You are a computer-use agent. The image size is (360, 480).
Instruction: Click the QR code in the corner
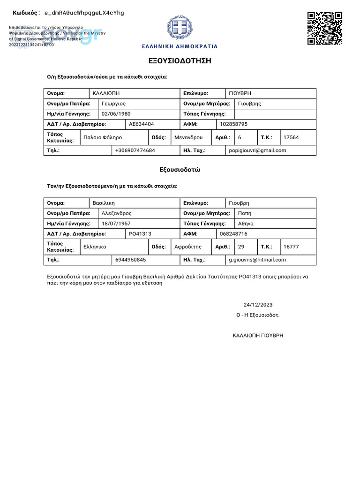(324, 29)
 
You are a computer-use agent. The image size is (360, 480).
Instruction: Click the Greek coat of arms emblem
(180, 29)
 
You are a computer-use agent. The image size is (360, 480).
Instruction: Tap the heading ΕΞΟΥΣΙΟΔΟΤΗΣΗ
(180, 61)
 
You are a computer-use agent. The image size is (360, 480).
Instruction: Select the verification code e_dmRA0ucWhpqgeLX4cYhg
(84, 13)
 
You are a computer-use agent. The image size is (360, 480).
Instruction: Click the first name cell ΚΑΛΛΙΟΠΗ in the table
(106, 93)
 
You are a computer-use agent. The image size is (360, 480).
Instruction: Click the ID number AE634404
(141, 124)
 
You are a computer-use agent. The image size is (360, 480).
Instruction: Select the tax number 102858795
(233, 124)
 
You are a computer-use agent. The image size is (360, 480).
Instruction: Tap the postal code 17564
(291, 137)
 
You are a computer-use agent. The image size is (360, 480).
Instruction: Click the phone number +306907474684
(135, 150)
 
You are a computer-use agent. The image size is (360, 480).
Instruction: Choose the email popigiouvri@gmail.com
(257, 150)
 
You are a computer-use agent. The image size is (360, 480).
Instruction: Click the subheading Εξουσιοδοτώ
(180, 170)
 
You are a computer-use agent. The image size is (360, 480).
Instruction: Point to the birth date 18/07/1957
(116, 224)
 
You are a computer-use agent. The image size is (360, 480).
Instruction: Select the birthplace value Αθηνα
(246, 224)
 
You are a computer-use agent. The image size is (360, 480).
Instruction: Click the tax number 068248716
(233, 233)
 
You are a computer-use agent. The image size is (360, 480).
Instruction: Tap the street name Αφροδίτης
(187, 247)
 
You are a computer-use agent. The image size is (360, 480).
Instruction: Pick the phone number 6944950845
(130, 260)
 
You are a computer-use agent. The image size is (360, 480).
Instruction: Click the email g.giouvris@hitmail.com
(257, 260)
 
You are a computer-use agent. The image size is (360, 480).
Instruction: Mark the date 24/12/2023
(258, 305)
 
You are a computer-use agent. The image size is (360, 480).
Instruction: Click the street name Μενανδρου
(188, 137)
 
